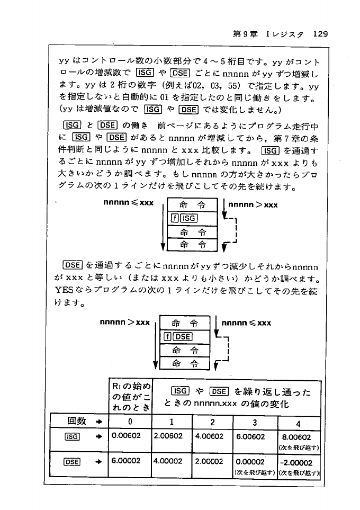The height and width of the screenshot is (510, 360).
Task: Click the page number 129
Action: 321,34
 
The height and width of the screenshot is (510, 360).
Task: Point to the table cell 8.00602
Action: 298,437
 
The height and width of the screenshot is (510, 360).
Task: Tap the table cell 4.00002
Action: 168,460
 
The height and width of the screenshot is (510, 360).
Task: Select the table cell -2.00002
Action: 298,461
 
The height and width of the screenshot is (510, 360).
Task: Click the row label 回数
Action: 77,422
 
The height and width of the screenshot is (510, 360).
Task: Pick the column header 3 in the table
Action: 255,422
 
